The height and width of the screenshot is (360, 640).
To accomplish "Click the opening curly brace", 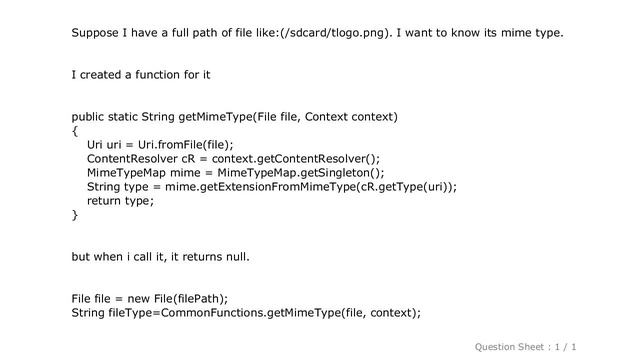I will tap(74, 131).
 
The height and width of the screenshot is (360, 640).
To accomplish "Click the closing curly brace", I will tap(74, 215).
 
